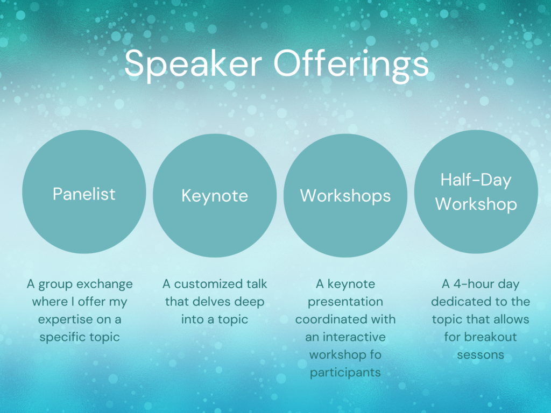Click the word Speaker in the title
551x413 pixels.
pyautogui.click(x=193, y=64)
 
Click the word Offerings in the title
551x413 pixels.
pyautogui.click(x=351, y=64)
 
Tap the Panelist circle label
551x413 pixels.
pyautogui.click(x=84, y=194)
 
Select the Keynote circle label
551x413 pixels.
pyautogui.click(x=215, y=196)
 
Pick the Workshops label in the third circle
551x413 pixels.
pyautogui.click(x=345, y=196)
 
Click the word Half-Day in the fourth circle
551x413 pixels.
pyautogui.click(x=476, y=180)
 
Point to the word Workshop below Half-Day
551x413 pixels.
pyautogui.click(x=476, y=204)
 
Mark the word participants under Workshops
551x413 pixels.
pyautogui.click(x=345, y=373)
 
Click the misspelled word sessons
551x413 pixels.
pyautogui.click(x=481, y=355)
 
